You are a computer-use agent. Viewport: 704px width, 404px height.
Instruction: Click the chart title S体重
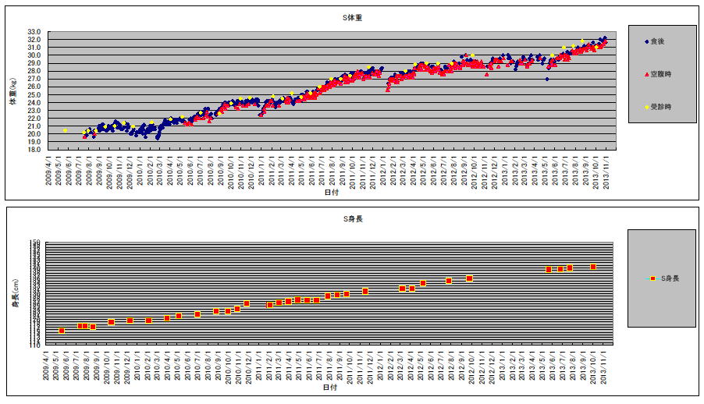click(x=332, y=16)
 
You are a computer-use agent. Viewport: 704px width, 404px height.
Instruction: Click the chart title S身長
click(x=332, y=219)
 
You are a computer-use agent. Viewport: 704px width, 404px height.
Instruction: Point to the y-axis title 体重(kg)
click(x=12, y=91)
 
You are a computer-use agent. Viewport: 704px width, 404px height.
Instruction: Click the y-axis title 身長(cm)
click(x=12, y=294)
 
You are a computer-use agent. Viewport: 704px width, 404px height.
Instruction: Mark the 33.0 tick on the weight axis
click(x=34, y=31)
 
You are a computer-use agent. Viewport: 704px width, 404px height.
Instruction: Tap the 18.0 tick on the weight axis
click(x=34, y=151)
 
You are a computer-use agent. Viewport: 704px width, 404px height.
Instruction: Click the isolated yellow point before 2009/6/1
click(x=65, y=130)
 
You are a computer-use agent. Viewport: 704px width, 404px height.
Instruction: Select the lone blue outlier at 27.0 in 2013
click(x=547, y=79)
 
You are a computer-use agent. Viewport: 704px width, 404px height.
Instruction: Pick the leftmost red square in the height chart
click(x=62, y=331)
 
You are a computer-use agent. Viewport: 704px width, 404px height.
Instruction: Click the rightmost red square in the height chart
click(x=593, y=267)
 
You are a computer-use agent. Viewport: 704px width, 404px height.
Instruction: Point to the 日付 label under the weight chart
click(x=331, y=192)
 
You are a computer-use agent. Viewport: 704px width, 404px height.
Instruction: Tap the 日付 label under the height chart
click(x=331, y=387)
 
